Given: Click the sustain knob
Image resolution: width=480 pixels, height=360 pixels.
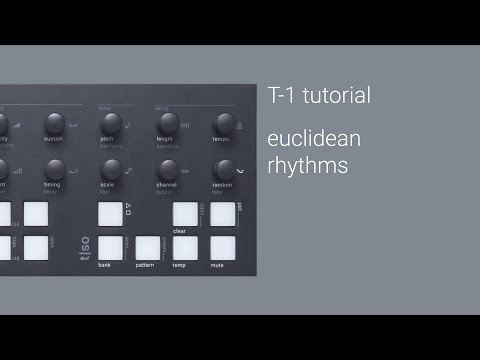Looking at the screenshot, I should pos(55,124).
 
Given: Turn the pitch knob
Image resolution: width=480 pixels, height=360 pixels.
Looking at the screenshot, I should pos(111,123).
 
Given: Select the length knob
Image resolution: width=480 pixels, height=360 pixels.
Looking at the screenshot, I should pos(167,123).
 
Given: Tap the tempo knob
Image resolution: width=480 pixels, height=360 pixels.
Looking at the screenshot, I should pos(224,123).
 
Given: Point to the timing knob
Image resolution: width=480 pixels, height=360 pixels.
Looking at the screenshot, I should pos(55,169).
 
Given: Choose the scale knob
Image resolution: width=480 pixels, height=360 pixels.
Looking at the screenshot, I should pos(111,169).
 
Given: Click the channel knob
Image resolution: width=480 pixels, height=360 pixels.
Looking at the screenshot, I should pos(168,169).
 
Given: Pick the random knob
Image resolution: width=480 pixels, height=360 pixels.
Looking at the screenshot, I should pos(224,169).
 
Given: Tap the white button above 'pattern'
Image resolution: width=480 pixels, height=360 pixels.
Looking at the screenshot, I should pos(148,248).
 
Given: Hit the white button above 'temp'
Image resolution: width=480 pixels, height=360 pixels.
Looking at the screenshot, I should pos(185,248).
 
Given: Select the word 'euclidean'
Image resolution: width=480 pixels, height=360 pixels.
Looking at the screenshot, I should pos(314,138).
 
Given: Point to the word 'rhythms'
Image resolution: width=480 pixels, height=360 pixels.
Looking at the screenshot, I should pos(308,164).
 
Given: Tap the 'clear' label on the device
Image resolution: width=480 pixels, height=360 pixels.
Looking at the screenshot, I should pos(180,230).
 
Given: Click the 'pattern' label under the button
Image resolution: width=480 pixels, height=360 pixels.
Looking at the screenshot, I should pos(146,266).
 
